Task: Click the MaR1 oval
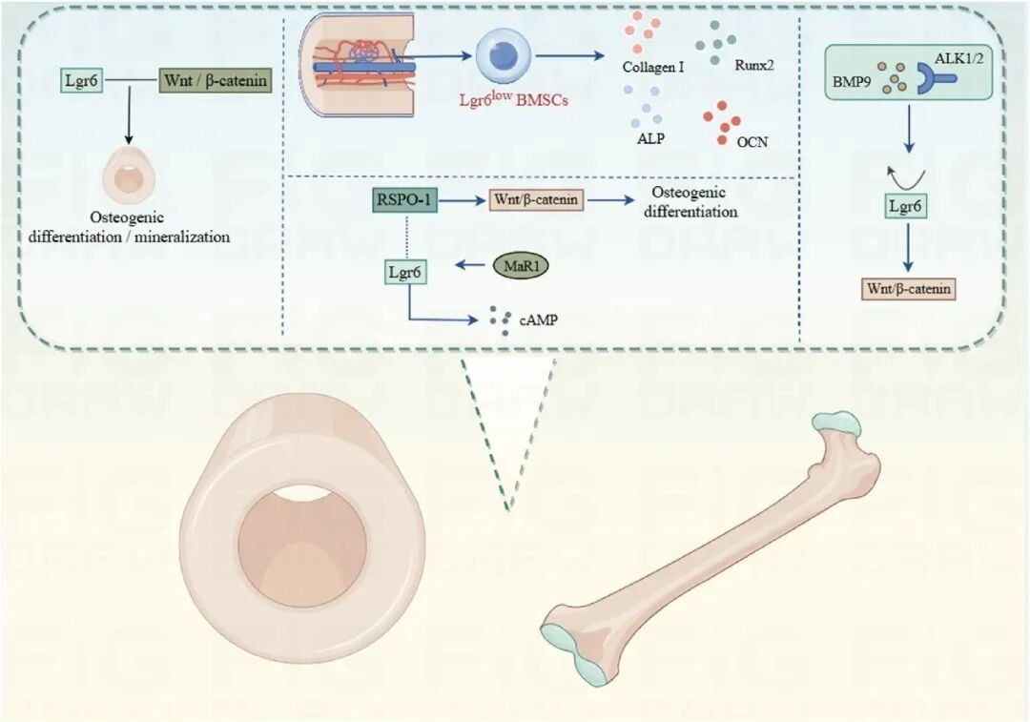pos(521,265)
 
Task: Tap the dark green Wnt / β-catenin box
pos(216,81)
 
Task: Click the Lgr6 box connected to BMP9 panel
pos(905,206)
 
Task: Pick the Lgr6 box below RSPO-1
pos(404,272)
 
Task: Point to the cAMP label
pos(539,320)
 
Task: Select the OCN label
pos(752,142)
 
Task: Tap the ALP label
pos(650,138)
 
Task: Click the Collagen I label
pos(653,67)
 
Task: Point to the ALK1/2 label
pos(958,58)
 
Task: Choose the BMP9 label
pos(852,82)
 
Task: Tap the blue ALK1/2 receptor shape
pos(936,79)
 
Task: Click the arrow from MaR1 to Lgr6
pos(471,265)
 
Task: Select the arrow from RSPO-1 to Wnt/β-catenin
pos(462,199)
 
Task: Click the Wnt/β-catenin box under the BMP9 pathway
pos(909,288)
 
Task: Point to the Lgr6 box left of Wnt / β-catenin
pos(82,81)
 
